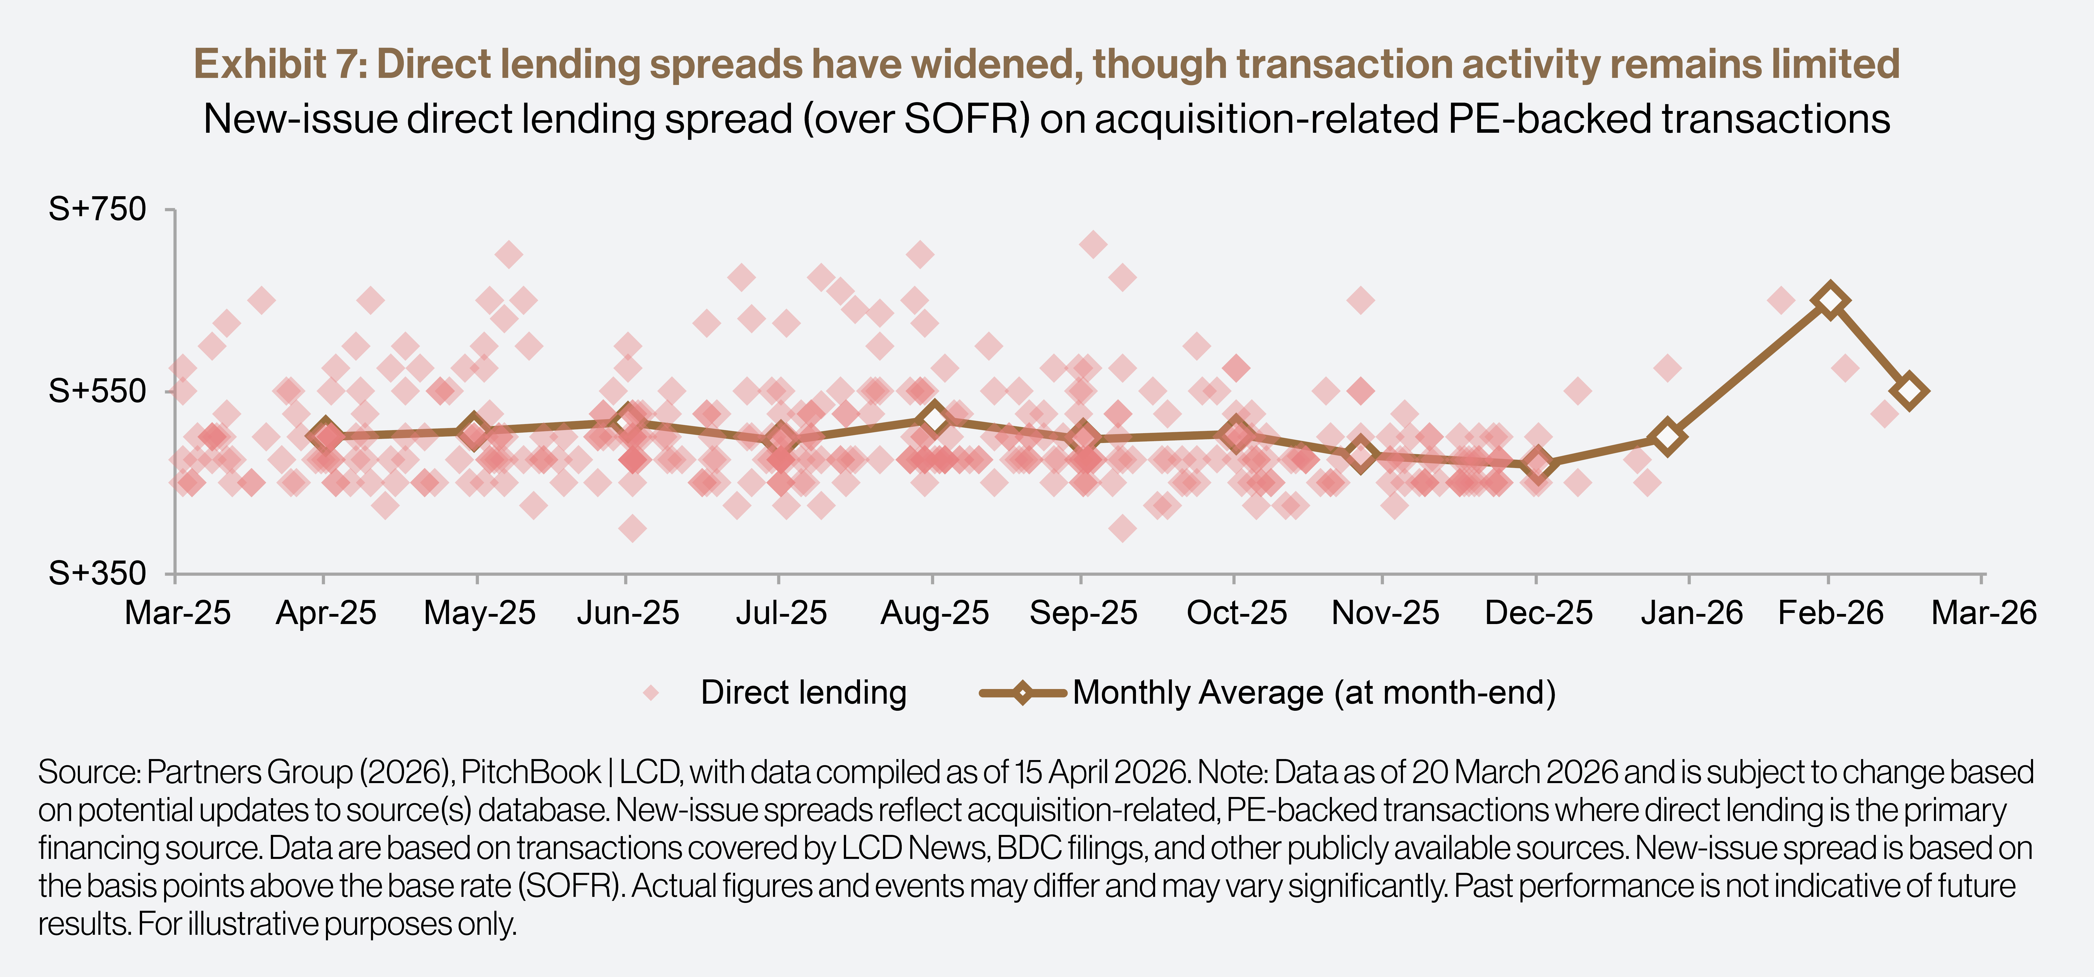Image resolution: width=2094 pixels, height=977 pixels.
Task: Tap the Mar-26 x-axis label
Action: click(1983, 613)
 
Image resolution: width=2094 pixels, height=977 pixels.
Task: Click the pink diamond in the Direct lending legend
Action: click(650, 693)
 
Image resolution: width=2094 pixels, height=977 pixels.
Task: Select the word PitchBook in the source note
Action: click(531, 772)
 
